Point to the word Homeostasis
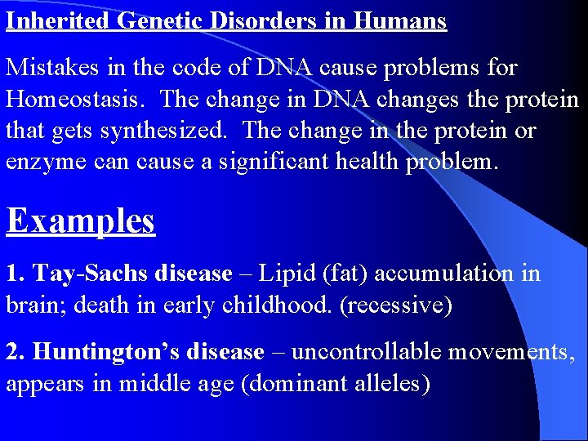[77, 100]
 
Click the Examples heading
[80, 220]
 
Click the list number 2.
[14, 352]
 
